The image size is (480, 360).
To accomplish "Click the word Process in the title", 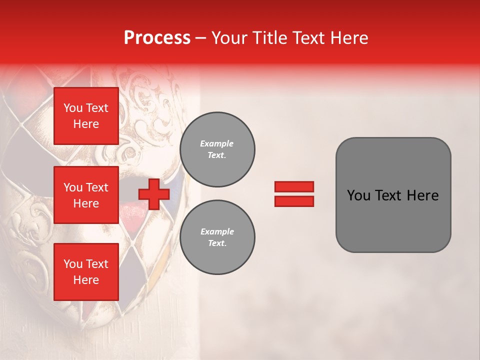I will (x=157, y=38).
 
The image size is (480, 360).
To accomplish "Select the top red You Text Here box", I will (x=86, y=116).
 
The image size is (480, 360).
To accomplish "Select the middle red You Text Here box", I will (x=86, y=195).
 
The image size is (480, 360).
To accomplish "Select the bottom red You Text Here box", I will (x=86, y=271).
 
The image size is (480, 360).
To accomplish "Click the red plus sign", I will (x=153, y=194).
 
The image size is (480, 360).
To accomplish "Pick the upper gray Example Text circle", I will (x=217, y=149).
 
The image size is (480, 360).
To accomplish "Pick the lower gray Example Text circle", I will (x=217, y=237).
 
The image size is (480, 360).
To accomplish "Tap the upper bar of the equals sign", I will (x=294, y=187).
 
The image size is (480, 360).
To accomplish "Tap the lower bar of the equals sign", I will (x=294, y=201).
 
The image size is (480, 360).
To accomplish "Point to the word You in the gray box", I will (x=358, y=195).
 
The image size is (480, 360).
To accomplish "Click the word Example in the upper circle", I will (x=216, y=143).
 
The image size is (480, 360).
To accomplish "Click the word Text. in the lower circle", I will (x=217, y=243).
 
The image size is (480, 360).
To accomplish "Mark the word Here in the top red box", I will (x=86, y=124).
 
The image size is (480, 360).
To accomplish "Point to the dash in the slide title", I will (x=200, y=38).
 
